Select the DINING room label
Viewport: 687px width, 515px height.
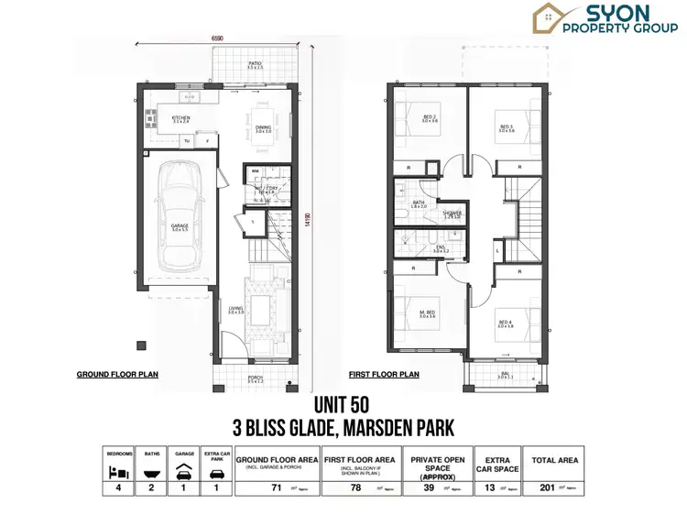click(262, 128)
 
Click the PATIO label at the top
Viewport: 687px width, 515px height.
click(255, 64)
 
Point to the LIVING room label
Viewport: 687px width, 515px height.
click(235, 311)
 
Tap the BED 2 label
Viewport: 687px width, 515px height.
click(430, 117)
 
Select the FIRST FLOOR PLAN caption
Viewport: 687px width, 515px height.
click(384, 375)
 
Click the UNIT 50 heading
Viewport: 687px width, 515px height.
click(341, 404)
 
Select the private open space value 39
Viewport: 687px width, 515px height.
click(428, 488)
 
